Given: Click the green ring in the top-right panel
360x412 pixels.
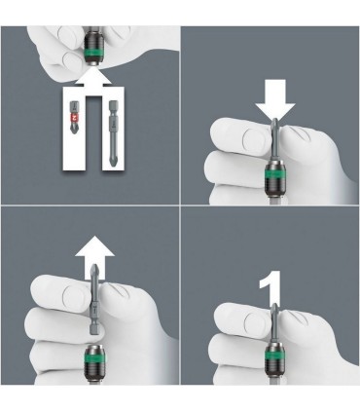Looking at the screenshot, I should click(x=271, y=175).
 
